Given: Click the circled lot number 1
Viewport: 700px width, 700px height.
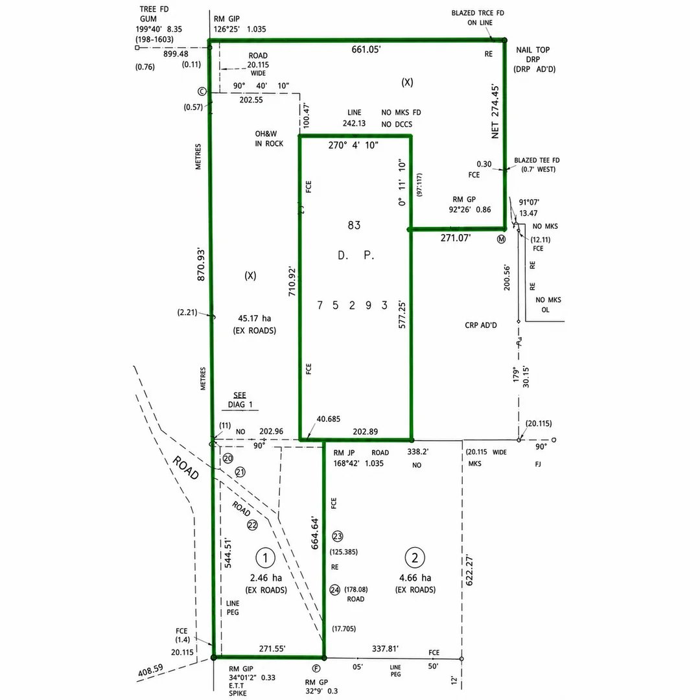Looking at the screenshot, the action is click(265, 557).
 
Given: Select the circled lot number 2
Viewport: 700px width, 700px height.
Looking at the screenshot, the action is click(415, 557).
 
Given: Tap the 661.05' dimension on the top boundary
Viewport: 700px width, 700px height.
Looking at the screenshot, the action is click(366, 49).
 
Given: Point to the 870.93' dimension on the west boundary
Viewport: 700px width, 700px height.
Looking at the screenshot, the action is click(201, 265).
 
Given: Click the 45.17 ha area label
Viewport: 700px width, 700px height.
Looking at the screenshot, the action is click(255, 318).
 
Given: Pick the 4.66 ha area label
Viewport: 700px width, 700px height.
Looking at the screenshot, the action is click(415, 577).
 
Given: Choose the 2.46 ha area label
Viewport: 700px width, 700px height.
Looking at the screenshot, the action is click(266, 577).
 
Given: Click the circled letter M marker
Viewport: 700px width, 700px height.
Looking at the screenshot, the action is click(501, 239).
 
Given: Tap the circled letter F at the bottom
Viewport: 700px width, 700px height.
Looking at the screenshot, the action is click(316, 668).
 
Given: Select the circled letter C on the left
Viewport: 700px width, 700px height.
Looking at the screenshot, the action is click(202, 91).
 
